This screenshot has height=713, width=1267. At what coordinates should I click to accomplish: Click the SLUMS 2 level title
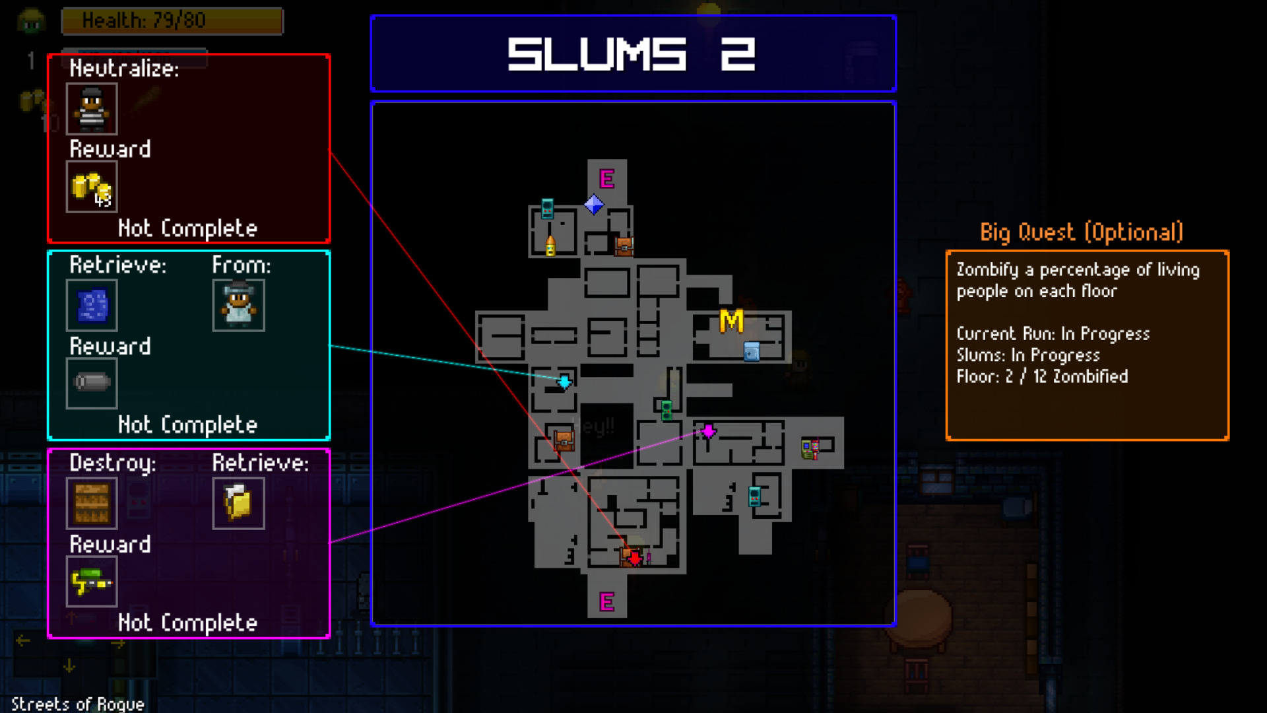pos(632,53)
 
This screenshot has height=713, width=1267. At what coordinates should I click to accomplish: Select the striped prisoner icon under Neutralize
pos(92,109)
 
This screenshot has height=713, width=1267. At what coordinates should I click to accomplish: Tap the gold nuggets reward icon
pos(92,187)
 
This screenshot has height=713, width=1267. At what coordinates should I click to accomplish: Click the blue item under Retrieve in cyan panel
pos(92,305)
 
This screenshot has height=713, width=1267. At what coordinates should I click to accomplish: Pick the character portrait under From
pos(238,305)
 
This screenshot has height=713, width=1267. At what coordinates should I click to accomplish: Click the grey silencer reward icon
pos(92,382)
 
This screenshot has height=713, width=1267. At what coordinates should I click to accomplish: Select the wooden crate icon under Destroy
pos(92,503)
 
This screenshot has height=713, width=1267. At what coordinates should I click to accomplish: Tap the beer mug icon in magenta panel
pos(238,503)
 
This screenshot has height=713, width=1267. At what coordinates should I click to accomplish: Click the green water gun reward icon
pos(92,582)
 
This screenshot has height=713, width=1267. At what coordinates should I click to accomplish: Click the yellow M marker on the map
pos(731,322)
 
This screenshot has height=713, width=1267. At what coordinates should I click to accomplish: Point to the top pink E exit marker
pos(606,178)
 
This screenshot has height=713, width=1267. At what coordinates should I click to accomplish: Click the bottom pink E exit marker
pos(606,601)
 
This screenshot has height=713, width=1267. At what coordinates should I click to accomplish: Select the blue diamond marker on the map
pos(594,205)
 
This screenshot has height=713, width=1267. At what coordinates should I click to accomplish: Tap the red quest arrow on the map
pos(634,559)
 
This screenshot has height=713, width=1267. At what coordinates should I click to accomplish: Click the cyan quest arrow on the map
pos(564,382)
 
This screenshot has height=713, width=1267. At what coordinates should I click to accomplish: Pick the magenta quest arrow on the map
pos(708,431)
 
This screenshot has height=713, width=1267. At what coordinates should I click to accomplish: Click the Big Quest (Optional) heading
pos(1081,232)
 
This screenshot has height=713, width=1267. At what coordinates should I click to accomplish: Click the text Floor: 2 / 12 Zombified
pos(1042,376)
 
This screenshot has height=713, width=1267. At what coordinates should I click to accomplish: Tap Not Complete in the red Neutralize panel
pos(187,228)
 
